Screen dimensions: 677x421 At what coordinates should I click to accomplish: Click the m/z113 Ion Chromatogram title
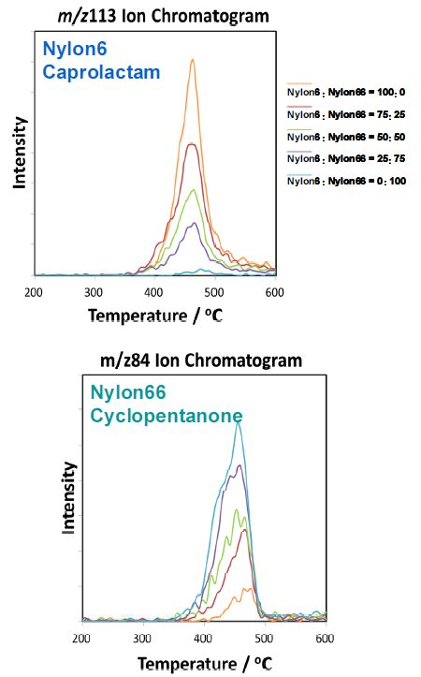click(154, 15)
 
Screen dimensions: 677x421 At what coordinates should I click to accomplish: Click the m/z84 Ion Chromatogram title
click(201, 360)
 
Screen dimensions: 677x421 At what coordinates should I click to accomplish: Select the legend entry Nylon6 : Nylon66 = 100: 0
click(346, 92)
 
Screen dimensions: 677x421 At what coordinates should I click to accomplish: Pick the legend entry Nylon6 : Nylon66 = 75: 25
click(346, 114)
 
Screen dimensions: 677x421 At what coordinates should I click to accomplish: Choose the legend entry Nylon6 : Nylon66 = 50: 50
click(346, 137)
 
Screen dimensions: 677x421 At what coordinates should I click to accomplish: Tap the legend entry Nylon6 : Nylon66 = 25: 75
click(346, 158)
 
